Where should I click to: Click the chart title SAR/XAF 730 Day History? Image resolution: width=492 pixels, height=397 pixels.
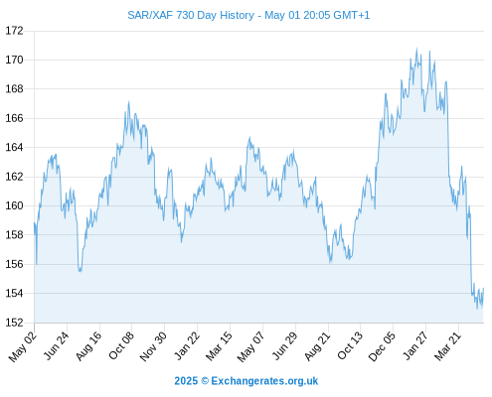(191, 15)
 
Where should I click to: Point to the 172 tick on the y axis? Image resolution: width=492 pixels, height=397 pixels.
(14, 31)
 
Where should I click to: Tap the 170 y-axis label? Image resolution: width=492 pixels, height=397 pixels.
(14, 60)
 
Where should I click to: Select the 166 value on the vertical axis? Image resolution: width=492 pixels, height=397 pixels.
(14, 118)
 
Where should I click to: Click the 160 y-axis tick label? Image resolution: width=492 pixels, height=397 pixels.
(14, 205)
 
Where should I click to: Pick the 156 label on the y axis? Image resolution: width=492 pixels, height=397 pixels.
(14, 264)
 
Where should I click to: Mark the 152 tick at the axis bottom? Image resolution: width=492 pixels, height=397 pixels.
(14, 323)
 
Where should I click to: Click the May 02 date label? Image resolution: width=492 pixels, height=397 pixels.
(23, 346)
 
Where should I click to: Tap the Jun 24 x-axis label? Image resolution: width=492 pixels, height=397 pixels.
(57, 345)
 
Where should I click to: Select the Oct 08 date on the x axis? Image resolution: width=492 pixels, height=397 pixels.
(121, 345)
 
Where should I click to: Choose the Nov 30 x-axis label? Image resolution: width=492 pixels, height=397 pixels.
(153, 346)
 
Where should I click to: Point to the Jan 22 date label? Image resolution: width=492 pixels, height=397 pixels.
(187, 345)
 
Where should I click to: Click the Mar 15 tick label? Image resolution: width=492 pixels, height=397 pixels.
(219, 345)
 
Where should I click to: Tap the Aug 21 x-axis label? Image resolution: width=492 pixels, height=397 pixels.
(317, 345)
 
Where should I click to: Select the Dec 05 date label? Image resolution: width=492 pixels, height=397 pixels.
(382, 346)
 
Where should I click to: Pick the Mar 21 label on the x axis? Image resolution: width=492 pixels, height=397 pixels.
(447, 345)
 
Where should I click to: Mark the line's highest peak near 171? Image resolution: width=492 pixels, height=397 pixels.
(416, 49)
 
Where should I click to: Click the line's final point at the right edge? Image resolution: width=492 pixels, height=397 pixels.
(483, 288)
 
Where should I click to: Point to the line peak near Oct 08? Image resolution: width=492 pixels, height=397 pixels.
(129, 102)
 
